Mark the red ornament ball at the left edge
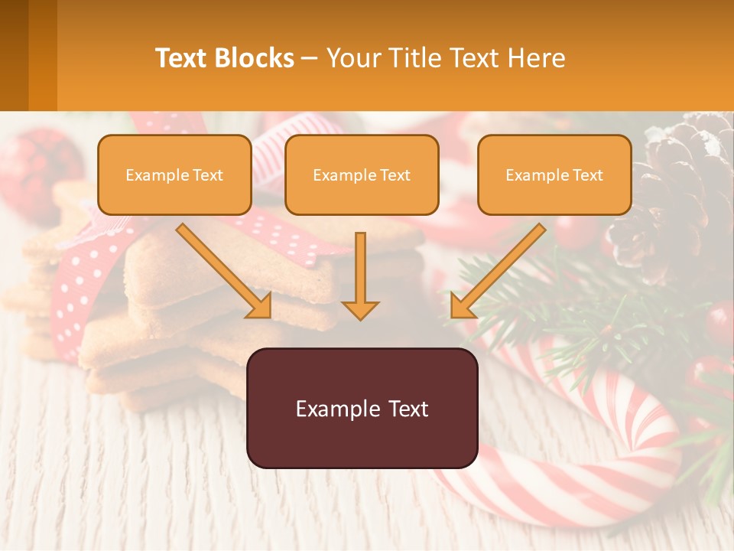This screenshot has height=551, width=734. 34,165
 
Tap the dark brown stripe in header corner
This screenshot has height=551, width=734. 14,55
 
